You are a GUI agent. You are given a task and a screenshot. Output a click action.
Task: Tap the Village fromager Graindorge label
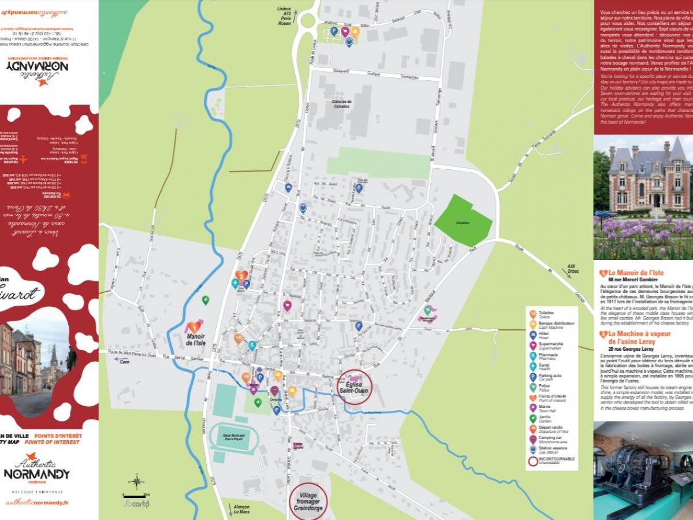click(x=308, y=502)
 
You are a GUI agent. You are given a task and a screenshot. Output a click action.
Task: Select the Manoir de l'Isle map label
click(x=196, y=340)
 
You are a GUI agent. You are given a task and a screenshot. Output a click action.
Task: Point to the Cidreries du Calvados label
click(x=342, y=103)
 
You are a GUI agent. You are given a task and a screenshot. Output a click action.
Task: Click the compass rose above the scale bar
click(x=136, y=481)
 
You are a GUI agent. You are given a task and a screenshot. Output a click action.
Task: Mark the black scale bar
click(x=136, y=495)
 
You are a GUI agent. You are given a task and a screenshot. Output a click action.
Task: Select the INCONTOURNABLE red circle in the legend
click(x=533, y=460)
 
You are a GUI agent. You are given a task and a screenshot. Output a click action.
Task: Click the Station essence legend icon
click(x=533, y=450)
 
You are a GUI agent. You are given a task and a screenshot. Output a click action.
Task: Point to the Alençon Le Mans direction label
click(x=241, y=509)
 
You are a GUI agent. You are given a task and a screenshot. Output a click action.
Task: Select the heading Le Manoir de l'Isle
click(x=635, y=273)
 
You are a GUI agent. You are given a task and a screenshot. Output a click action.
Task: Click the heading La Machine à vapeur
click(x=639, y=334)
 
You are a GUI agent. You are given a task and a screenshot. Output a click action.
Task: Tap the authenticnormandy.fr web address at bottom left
click(x=37, y=503)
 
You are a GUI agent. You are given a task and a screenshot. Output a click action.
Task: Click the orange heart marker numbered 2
click(x=241, y=276)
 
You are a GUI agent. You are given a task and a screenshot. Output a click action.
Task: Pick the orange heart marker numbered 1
click(x=194, y=327)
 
